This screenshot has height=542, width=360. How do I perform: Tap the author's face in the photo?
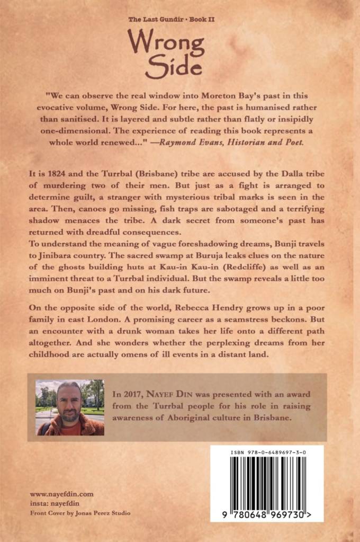(x=70, y=407)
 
